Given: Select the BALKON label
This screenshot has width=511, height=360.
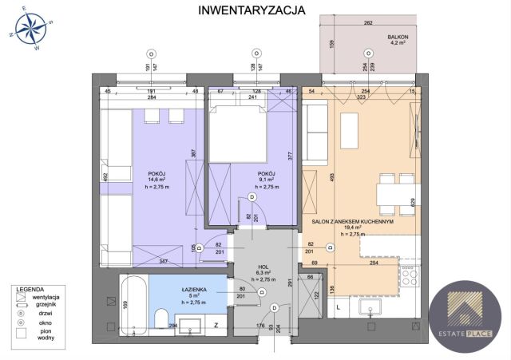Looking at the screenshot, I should (399, 37).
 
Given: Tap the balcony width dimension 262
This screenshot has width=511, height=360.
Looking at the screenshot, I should (368, 23).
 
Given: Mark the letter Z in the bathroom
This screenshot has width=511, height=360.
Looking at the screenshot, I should (216, 326).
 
